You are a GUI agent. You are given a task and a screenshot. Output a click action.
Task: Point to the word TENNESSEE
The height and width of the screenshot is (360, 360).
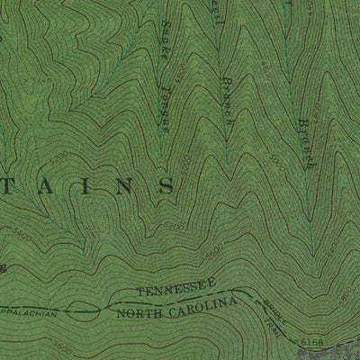click(x=176, y=292)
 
